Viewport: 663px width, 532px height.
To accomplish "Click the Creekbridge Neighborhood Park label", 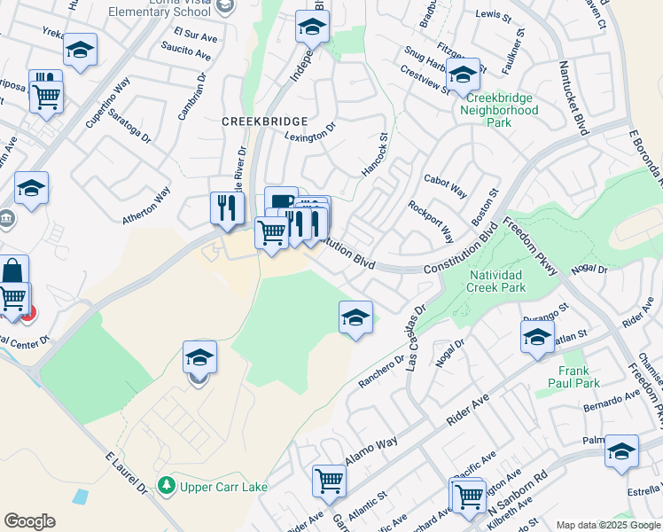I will (499, 111).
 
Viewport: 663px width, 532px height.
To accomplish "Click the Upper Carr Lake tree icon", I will (166, 486).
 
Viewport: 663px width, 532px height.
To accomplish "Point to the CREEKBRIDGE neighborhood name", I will (264, 121).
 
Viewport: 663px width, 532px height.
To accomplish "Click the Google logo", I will (29, 521).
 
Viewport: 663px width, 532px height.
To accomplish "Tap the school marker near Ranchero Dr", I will (355, 318).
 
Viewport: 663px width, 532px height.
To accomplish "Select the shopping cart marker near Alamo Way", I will (329, 481).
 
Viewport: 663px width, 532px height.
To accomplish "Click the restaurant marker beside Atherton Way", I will (227, 207).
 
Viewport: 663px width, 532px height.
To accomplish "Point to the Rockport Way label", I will (430, 222).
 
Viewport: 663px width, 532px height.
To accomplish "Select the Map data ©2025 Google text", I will (607, 525).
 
